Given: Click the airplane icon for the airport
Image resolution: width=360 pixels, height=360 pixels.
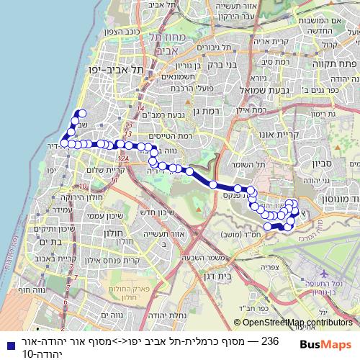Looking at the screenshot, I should tap(323, 274).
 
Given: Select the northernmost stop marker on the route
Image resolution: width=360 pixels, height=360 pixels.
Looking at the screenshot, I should tap(82, 114).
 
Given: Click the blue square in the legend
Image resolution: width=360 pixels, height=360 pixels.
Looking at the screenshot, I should tap(7, 341).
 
